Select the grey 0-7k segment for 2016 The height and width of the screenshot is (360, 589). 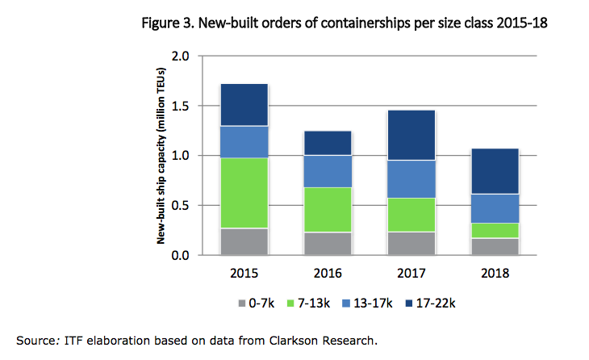click(x=327, y=244)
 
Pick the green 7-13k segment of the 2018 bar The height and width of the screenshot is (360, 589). click(x=494, y=230)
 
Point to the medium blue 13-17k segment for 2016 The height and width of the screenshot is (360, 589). click(x=327, y=171)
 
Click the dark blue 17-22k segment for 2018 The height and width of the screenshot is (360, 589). click(x=494, y=171)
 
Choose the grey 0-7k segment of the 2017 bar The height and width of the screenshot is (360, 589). click(x=411, y=244)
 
